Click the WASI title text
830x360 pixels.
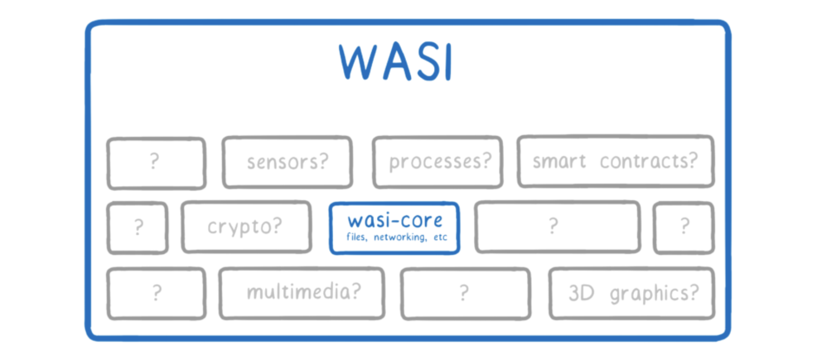point(395,62)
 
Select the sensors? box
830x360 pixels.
point(287,162)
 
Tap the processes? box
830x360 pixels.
point(438,162)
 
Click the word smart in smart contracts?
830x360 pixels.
point(559,161)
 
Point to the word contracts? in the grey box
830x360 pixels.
point(648,161)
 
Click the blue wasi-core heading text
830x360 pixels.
point(395,220)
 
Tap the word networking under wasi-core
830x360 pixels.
point(400,237)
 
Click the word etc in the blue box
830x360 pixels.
point(440,237)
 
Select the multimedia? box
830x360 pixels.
point(302,292)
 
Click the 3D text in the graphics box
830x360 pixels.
point(581,293)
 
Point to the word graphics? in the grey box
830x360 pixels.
point(654,293)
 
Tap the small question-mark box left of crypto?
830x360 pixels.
point(138,228)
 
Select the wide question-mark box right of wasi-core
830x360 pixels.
point(557,226)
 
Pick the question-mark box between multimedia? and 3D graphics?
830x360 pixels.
point(465,293)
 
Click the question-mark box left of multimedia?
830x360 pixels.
point(156,293)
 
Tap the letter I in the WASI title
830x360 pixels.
point(447,62)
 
